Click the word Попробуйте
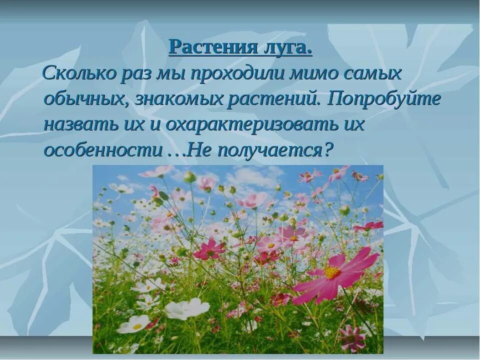click(x=384, y=99)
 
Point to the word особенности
click(x=100, y=149)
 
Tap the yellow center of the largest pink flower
click(x=332, y=272)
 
